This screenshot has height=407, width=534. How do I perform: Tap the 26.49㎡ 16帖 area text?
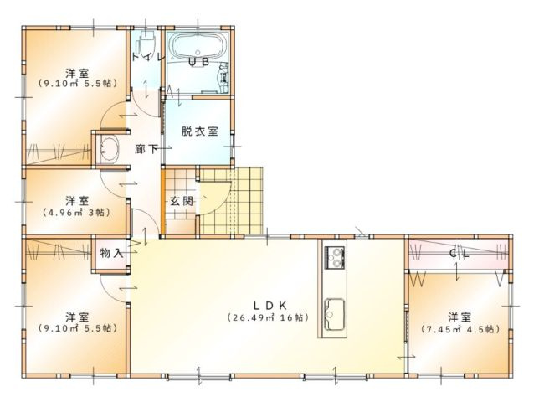coord(269,317)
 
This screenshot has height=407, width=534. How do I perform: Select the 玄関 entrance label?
coord(182,201)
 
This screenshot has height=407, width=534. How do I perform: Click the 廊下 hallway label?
coord(147,148)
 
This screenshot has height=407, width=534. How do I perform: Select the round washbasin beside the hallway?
coord(109,151)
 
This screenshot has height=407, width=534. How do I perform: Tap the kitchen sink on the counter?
coord(333,310)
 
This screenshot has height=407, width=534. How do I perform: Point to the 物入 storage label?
coord(111,252)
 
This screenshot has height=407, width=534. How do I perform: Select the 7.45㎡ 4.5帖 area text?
coord(458,329)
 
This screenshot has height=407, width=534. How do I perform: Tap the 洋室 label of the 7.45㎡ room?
coord(458,317)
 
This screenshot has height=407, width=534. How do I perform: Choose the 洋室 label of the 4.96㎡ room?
coord(77,201)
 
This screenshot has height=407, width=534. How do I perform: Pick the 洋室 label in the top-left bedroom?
coord(77,71)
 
